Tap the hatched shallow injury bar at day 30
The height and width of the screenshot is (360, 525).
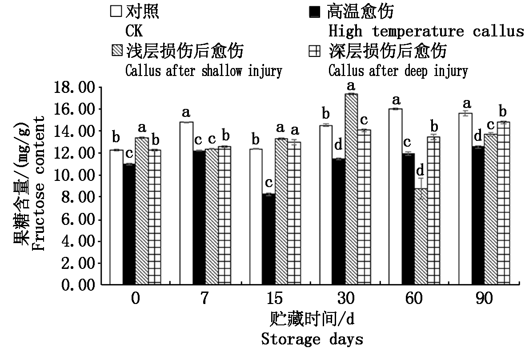point(351,189)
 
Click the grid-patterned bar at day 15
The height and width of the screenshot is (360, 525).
point(294,213)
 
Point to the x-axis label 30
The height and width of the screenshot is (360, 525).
point(344,299)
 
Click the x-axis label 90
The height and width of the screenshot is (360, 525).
point(484,299)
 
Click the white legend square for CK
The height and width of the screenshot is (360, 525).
point(116,12)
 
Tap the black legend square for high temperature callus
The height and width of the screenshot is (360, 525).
point(314,12)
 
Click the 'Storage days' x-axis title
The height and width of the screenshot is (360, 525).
point(312,340)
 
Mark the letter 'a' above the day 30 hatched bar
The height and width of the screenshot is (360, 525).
point(351,85)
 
